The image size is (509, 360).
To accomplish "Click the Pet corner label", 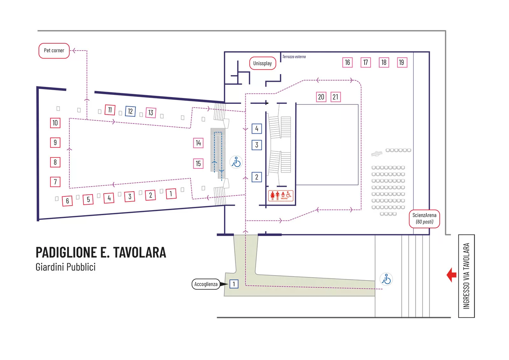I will [x=54, y=51].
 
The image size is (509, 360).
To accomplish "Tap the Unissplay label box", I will [x=262, y=63].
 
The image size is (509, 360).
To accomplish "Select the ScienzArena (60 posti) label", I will [x=424, y=219].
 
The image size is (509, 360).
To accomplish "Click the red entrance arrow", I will [x=452, y=275].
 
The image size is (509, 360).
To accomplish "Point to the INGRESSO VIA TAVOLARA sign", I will [x=466, y=276].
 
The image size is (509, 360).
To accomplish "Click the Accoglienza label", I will [x=206, y=284].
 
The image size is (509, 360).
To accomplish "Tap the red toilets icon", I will [x=281, y=195].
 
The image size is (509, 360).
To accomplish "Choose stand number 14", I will [x=198, y=143].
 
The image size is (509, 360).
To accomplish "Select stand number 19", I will [x=402, y=62].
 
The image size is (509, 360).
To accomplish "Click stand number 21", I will [x=336, y=97].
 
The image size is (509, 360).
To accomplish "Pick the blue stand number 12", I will [x=130, y=111].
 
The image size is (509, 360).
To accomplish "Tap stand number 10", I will [x=55, y=123].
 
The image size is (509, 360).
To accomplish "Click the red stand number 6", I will [x=67, y=201].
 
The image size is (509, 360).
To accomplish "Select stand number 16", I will [x=347, y=62].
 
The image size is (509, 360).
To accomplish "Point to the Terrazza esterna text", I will [x=294, y=57].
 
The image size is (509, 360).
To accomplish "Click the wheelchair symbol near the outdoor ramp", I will [x=386, y=279].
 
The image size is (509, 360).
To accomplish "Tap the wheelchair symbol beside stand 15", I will [x=236, y=162].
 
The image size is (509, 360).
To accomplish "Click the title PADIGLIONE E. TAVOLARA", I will [x=101, y=252].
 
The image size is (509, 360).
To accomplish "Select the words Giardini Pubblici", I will [x=66, y=267].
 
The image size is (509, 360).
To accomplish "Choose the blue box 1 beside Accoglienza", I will [x=234, y=284].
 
